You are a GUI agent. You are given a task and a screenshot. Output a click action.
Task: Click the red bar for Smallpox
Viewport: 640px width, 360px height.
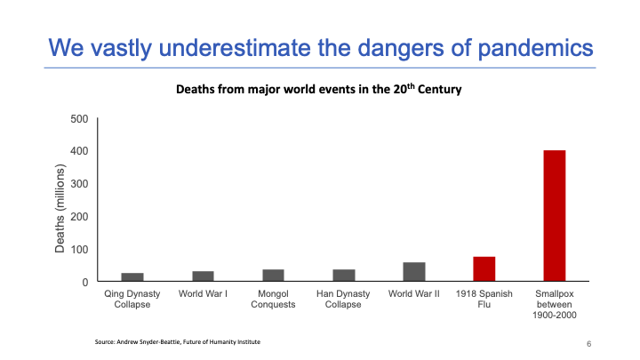[x=554, y=216]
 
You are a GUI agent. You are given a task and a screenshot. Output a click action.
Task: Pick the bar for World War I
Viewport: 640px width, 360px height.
[x=202, y=276]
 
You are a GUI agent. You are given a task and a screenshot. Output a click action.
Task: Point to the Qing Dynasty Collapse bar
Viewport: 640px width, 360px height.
[x=132, y=277]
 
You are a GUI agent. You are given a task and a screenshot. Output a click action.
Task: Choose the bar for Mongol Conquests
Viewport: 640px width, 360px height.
[x=273, y=276]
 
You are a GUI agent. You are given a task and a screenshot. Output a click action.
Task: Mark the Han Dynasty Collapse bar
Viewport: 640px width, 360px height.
[x=343, y=276]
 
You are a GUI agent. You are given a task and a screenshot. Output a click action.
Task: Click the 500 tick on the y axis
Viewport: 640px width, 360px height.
[x=78, y=119]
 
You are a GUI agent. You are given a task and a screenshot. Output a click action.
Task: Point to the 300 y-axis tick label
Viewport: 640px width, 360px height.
[x=78, y=184]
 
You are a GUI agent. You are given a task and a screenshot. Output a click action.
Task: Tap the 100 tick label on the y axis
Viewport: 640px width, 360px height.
[x=78, y=250]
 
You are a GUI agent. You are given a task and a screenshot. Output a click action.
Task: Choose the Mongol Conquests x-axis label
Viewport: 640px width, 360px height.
[x=273, y=298]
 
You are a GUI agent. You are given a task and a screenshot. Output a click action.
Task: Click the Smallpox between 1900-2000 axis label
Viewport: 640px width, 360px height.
[x=554, y=302]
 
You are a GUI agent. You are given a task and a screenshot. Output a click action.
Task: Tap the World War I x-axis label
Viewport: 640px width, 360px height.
[x=202, y=292]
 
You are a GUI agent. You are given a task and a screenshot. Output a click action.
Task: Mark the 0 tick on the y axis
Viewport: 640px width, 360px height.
[x=84, y=282]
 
